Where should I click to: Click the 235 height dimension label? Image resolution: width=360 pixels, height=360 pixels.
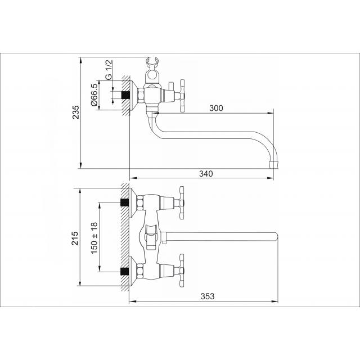pos(76,112)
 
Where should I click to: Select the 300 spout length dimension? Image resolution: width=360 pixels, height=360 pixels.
pos(216,108)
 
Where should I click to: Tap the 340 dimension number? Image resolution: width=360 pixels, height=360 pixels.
pos(206,174)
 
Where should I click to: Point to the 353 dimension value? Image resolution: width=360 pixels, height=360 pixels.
pos(208,296)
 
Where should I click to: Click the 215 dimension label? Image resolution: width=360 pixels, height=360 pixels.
pos(75,238)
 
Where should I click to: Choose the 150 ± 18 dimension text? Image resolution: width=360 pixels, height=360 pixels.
pos(94,238)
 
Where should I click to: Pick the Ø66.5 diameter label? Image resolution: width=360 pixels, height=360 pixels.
pos(94,94)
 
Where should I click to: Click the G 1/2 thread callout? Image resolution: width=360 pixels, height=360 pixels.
pos(109,70)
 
